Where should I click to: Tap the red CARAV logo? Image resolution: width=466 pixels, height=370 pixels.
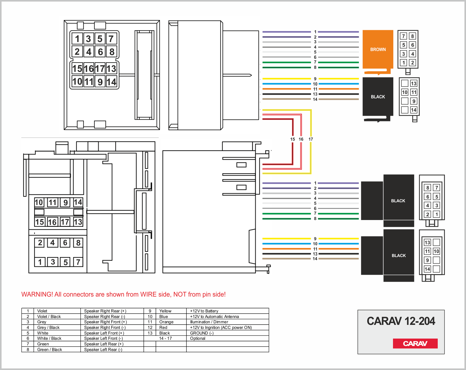tap(415, 343)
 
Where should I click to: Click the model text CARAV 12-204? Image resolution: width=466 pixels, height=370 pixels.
tap(401, 321)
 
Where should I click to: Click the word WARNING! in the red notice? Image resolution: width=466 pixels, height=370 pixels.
tap(37, 294)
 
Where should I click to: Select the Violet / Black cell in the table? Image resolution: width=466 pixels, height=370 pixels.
tap(49, 316)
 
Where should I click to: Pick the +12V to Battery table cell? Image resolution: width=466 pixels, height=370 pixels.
tap(204, 311)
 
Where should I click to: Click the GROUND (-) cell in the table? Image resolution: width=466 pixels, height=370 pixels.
tap(202, 333)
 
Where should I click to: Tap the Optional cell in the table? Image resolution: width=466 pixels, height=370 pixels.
tap(198, 339)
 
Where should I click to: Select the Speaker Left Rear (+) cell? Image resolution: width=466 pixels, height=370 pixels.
tap(104, 344)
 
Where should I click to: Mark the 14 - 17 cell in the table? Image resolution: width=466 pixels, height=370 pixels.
tap(166, 338)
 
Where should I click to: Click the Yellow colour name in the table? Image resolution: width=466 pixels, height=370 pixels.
tap(165, 311)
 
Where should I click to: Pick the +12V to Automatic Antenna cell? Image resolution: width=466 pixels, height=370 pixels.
tap(214, 316)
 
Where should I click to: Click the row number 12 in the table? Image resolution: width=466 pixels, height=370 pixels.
tap(150, 327)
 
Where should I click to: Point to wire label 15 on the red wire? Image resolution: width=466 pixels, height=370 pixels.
tap(293, 139)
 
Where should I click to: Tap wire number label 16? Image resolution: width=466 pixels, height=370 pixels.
tap(301, 139)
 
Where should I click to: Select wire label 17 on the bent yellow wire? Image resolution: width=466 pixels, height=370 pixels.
tap(311, 139)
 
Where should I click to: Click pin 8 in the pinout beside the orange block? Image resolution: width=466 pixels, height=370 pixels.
tap(412, 36)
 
